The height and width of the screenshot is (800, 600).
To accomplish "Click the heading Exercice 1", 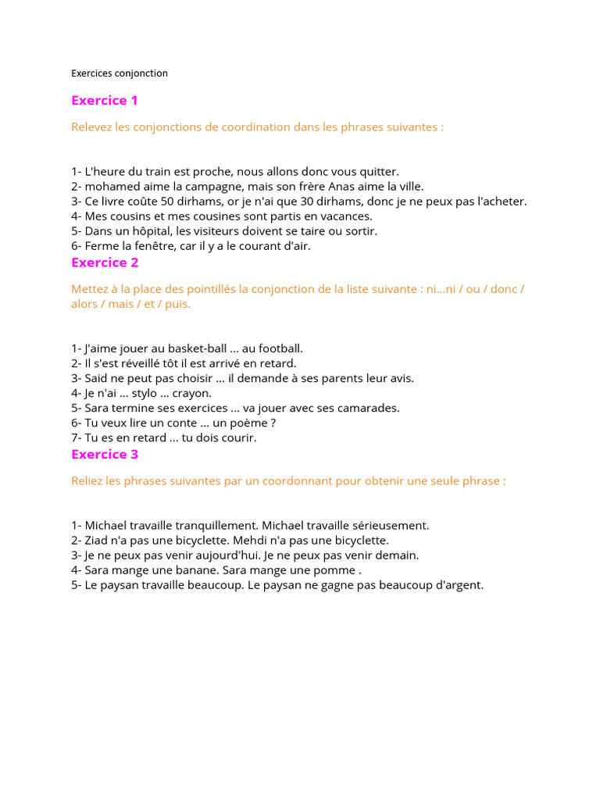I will (x=105, y=100).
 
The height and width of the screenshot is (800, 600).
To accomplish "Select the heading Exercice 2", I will (x=105, y=262).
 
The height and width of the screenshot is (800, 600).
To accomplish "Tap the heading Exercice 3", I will (x=105, y=454).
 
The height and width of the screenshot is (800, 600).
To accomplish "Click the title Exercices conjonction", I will (x=120, y=73).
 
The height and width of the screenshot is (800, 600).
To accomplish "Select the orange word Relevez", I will (x=91, y=127).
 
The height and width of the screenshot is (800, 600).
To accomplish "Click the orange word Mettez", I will (x=89, y=289).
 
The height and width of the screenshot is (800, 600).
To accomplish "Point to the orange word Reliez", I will (x=87, y=480).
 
